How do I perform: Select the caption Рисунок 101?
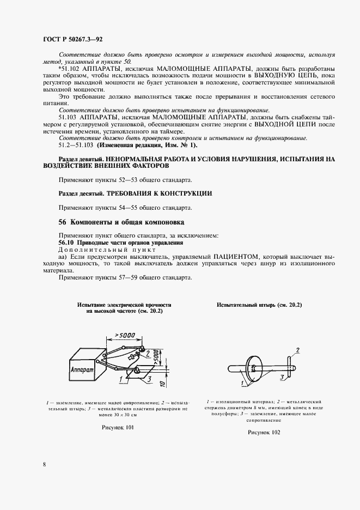[x=118, y=428]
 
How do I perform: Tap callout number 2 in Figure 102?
[x=297, y=349]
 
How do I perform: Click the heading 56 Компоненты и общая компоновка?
[x=121, y=222]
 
